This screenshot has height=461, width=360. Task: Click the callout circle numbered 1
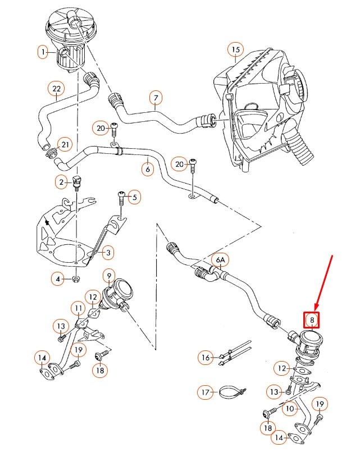43,53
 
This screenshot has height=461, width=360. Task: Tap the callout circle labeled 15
235,51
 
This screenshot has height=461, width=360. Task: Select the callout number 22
56,89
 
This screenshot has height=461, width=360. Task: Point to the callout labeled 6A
220,260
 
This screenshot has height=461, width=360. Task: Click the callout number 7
156,99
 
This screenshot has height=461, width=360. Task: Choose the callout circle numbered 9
108,275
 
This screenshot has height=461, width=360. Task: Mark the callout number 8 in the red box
311,320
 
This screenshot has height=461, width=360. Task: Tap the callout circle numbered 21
65,145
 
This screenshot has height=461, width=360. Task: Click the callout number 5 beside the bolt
134,197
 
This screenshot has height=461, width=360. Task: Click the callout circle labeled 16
206,357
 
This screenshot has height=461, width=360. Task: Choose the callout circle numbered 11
78,308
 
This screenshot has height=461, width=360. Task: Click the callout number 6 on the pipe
148,168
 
